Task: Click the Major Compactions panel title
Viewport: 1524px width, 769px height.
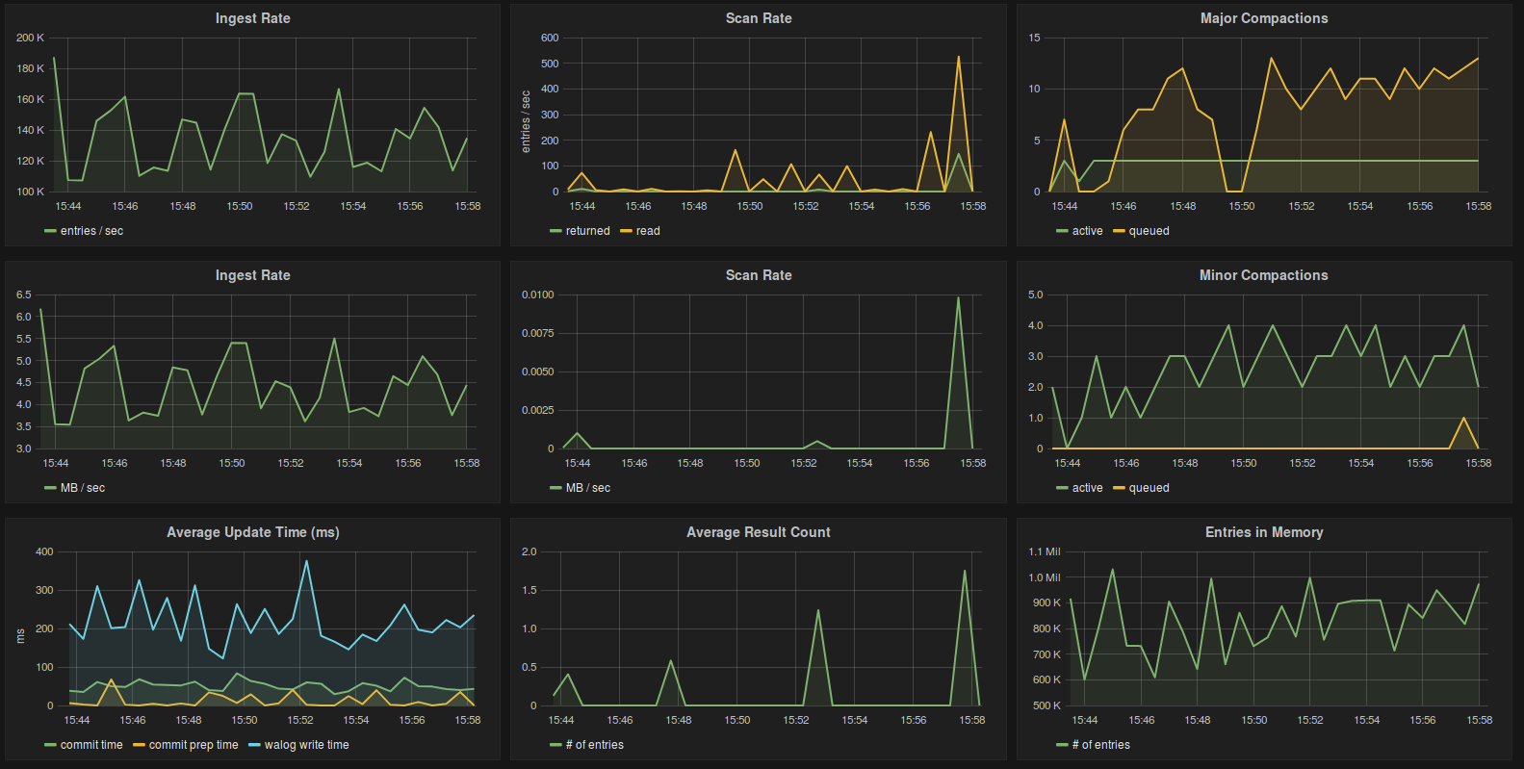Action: [1263, 18]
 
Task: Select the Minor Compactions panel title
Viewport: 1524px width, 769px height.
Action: [1263, 275]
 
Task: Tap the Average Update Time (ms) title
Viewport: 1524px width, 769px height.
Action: [252, 532]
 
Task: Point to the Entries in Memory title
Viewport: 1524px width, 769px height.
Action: [1263, 532]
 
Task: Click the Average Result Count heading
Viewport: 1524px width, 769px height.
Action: [758, 532]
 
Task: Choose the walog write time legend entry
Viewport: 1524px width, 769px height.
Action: [306, 745]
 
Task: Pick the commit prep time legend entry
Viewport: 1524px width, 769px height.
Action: [193, 745]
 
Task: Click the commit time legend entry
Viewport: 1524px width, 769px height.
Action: [91, 745]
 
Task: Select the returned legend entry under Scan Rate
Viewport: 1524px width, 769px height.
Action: [587, 231]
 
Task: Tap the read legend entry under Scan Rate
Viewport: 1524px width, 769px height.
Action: [648, 231]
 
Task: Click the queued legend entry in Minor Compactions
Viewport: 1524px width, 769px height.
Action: [1149, 488]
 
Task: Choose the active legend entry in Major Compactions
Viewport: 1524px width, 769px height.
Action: [1087, 231]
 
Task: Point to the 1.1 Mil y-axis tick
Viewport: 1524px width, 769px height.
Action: [1044, 552]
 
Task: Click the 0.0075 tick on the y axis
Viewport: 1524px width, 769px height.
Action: [537, 333]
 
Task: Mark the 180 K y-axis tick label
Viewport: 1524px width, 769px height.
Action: [30, 68]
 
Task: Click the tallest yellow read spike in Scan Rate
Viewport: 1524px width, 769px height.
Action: [958, 58]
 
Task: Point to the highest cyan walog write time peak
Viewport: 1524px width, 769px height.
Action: [306, 561]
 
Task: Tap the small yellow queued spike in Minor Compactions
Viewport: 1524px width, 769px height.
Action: [1463, 419]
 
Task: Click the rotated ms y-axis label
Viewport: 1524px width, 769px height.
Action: [20, 635]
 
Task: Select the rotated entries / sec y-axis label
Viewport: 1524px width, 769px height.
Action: [526, 121]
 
